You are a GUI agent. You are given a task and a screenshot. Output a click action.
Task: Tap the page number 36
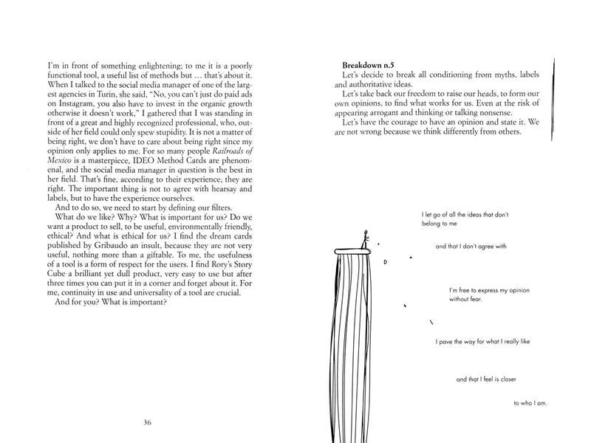[x=148, y=422]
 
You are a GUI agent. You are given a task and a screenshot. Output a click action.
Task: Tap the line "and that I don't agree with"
[x=471, y=247]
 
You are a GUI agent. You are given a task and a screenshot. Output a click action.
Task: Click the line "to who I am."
[x=530, y=404]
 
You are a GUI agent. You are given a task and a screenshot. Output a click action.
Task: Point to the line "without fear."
[x=467, y=301]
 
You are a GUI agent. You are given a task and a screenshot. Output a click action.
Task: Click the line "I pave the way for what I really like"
[x=483, y=342]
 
